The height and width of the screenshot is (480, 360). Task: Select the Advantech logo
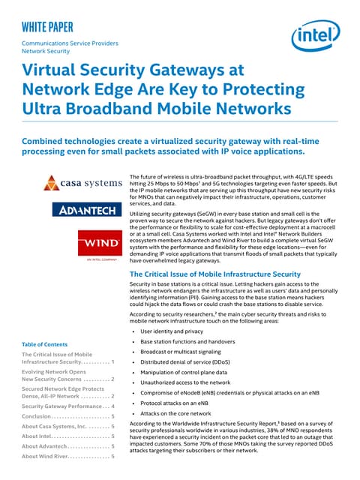(82, 211)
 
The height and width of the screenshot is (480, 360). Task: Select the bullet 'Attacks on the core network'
(176, 413)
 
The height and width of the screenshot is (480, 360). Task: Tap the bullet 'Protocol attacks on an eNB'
(175, 403)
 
